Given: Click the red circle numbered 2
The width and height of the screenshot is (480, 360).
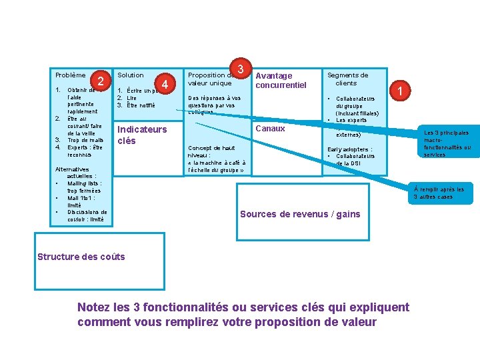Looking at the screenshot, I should pos(99,81).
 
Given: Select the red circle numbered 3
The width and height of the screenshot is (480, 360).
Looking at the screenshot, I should pos(240,69).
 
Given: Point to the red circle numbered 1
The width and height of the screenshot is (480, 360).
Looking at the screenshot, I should pos(400,90).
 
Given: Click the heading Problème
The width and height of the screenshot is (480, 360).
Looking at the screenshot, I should pos(70,75).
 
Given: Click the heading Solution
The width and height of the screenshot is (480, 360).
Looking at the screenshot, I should pos(130,75).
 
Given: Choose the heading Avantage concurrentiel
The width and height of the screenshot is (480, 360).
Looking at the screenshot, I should pos(281,80).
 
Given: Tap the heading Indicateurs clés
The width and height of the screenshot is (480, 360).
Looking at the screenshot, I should pos(141,135).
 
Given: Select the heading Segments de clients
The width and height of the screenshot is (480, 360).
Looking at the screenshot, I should pos(347,79).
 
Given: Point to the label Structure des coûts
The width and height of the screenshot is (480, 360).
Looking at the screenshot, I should pos(81,257).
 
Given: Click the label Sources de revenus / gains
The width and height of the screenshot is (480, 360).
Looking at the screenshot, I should pos(299,214).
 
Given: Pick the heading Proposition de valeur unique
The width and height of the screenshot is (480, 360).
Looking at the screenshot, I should pos(210,79).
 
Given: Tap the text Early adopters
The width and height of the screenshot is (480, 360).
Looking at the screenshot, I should pos(349,149).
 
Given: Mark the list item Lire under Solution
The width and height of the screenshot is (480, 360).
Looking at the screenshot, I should pos(131,98).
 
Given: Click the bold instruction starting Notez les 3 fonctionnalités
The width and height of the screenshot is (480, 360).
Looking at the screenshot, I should pos(243,315).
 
